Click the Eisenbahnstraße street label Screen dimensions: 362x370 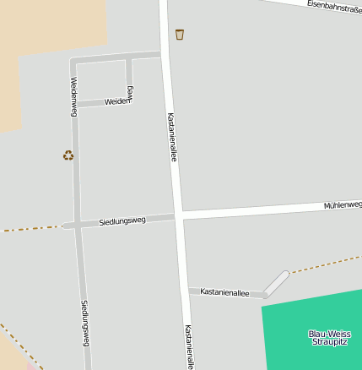(334, 6)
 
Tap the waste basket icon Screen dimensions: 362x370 (179, 35)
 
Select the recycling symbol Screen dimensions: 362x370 (68, 155)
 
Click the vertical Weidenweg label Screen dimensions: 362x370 (74, 95)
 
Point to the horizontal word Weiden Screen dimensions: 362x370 (116, 101)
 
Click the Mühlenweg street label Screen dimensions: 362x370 (343, 205)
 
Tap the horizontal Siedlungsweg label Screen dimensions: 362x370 (122, 220)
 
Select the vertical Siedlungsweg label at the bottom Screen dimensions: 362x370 (84, 324)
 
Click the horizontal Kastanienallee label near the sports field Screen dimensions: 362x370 (224, 291)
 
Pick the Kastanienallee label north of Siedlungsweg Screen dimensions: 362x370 (171, 137)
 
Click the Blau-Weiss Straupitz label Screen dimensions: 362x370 (328, 338)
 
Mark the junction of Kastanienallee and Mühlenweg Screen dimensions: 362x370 (179, 215)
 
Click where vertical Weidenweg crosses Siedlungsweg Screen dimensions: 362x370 (77, 225)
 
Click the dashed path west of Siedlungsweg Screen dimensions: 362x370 (30, 228)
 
